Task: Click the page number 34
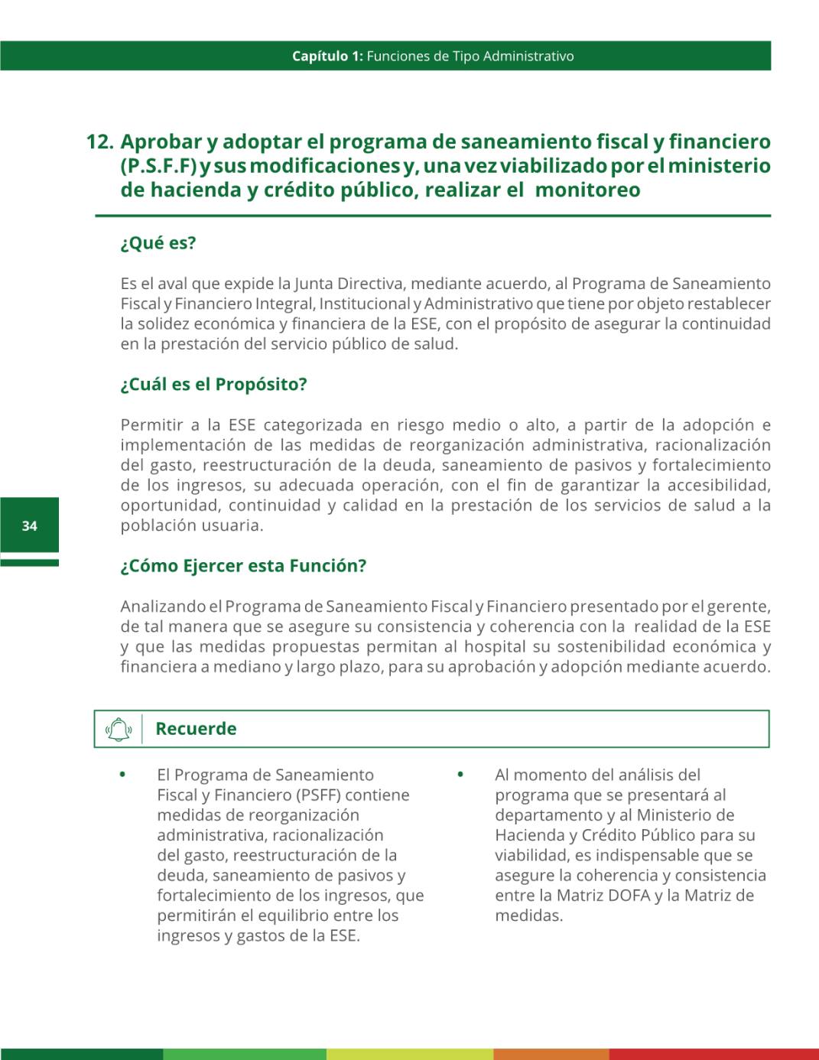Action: pyautogui.click(x=29, y=525)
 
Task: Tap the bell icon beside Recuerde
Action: pyautogui.click(x=118, y=729)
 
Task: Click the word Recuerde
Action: pyautogui.click(x=196, y=729)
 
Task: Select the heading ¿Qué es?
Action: pyautogui.click(x=158, y=243)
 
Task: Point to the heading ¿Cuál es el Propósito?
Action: pyautogui.click(x=213, y=384)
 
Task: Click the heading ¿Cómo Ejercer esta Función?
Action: pyautogui.click(x=243, y=566)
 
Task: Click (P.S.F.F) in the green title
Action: pyautogui.click(x=158, y=166)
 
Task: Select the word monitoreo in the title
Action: pyautogui.click(x=587, y=190)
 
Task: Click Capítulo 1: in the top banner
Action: pyautogui.click(x=327, y=56)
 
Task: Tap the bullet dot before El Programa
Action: pyautogui.click(x=122, y=774)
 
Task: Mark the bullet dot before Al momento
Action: pyautogui.click(x=460, y=774)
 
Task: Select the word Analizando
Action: pyautogui.click(x=163, y=606)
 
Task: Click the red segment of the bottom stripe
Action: pyautogui.click(x=713, y=1054)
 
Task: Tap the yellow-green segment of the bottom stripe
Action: pyautogui.click(x=410, y=1054)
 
